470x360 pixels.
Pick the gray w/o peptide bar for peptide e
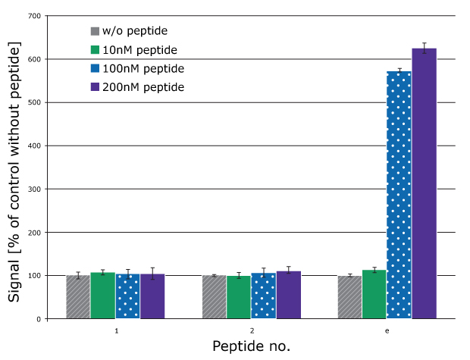point(349,297)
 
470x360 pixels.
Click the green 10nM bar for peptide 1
point(102,296)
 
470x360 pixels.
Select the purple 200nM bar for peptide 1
point(152,296)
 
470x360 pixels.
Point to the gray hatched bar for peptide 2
point(214,297)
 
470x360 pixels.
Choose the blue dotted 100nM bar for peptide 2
point(263,296)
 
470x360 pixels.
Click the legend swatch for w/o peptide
point(95,31)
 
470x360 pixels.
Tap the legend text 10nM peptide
point(139,50)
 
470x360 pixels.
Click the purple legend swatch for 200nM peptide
point(95,87)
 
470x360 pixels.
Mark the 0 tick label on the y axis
point(37,319)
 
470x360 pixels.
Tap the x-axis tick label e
point(387,331)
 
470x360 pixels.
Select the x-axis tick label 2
point(252,331)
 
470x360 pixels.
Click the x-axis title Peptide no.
point(251,346)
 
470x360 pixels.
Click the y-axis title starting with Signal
point(15,172)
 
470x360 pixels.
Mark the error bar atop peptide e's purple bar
point(424,48)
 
